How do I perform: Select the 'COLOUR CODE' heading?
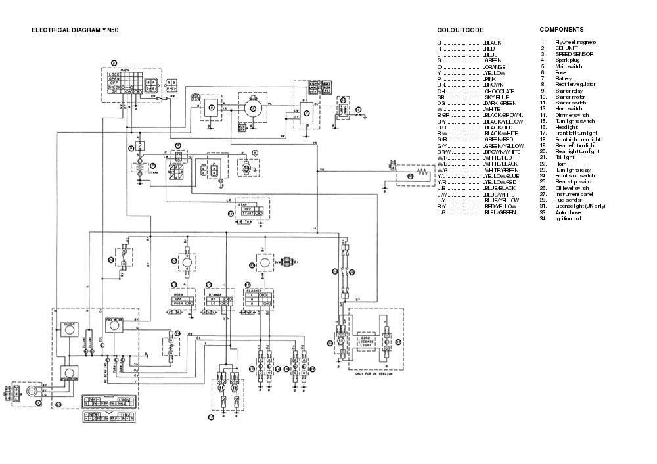tap(460, 30)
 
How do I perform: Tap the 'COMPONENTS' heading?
tap(561, 30)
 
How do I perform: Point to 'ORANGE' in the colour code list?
tap(495, 67)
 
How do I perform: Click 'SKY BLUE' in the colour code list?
tap(497, 97)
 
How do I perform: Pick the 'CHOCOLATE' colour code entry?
tap(499, 91)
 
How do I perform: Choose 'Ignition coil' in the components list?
tap(569, 218)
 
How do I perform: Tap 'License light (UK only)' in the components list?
tap(580, 206)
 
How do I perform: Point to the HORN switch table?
tap(181, 300)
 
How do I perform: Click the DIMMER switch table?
tap(218, 300)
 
